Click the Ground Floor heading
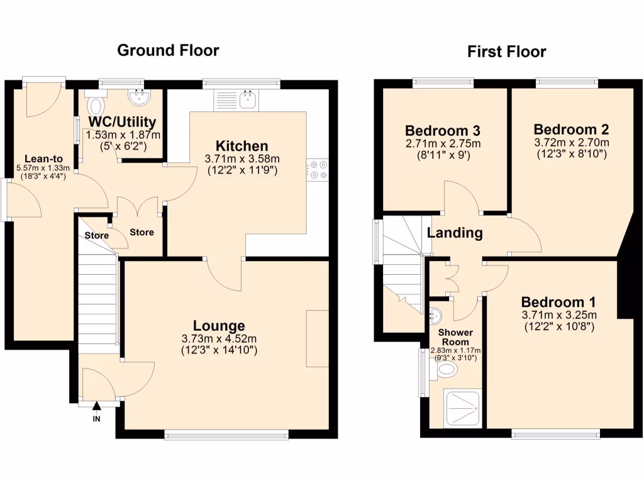[168, 50]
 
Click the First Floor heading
[506, 52]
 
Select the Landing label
[455, 233]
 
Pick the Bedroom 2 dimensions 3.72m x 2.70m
[571, 143]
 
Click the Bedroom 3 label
[443, 131]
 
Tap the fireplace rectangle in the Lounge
[317, 338]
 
